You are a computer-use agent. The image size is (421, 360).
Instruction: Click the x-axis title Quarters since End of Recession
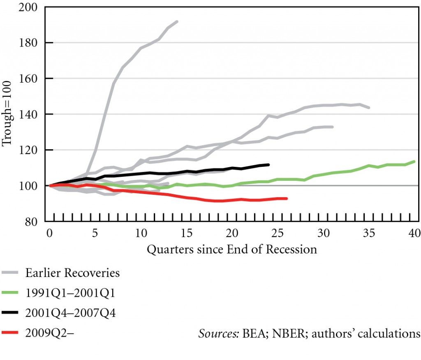click(x=231, y=249)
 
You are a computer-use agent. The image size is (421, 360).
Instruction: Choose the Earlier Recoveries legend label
click(x=72, y=273)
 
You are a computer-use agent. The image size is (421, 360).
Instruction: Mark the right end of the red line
click(x=287, y=198)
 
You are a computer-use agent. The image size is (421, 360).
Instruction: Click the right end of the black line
click(x=268, y=164)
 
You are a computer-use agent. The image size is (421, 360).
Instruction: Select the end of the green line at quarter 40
click(x=414, y=162)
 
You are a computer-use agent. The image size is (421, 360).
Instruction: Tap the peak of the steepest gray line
click(x=177, y=21)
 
